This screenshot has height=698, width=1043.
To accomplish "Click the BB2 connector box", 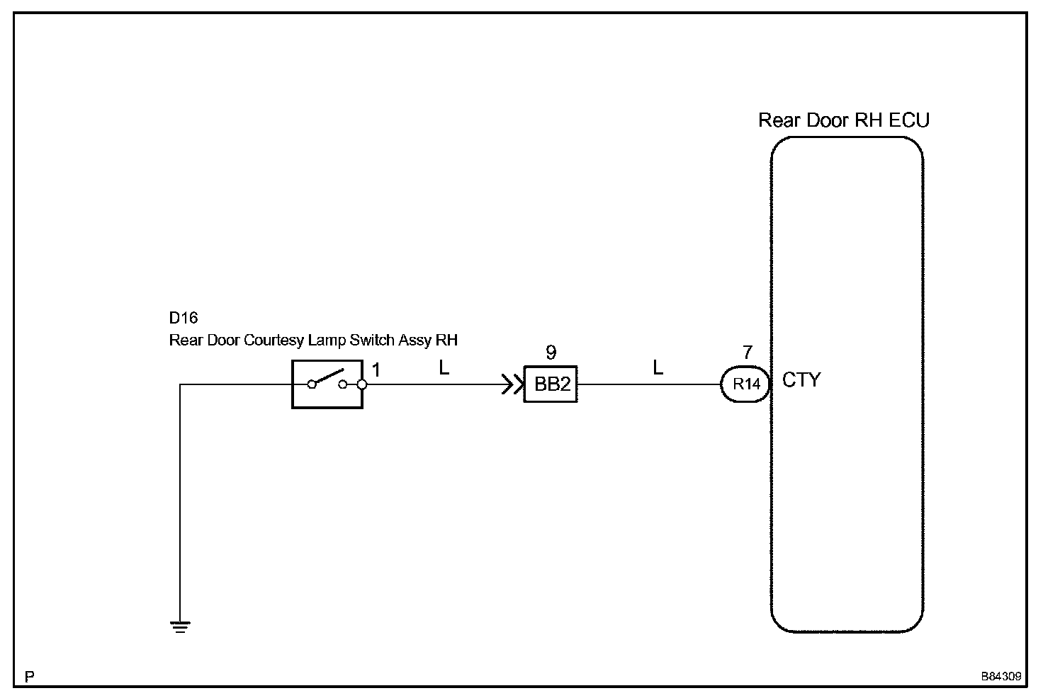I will tap(551, 384).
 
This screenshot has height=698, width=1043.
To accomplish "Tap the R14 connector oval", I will tap(745, 384).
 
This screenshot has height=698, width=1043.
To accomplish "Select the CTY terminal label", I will tap(801, 380).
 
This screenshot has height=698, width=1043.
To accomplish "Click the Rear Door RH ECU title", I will tap(843, 120).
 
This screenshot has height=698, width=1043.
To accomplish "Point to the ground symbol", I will tap(181, 626).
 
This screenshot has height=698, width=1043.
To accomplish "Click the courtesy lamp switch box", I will tap(327, 384).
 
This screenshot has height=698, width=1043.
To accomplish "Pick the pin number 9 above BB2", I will tap(551, 353).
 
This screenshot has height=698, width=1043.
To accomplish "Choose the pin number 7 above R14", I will tap(747, 353).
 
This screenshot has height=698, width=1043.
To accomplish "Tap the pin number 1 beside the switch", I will tap(376, 370).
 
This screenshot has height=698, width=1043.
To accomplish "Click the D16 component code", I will tap(184, 319).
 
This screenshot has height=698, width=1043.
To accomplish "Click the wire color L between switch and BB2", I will tap(444, 368).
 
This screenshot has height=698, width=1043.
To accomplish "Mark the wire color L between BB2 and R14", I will tap(658, 368).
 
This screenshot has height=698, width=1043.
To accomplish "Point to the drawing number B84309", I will tap(1000, 676).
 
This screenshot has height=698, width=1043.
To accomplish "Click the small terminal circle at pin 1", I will tap(361, 384).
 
